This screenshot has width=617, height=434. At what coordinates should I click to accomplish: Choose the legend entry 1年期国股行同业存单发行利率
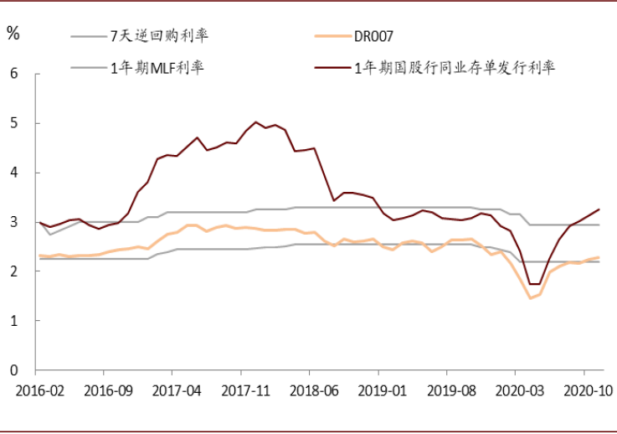[x=452, y=68]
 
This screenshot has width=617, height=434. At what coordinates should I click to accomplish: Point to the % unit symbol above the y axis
[x=13, y=34]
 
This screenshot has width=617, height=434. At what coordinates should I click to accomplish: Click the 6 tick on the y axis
[x=13, y=74]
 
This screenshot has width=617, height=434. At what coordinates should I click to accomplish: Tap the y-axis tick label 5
[x=13, y=123]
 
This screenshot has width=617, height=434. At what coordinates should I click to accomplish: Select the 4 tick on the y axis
[x=13, y=173]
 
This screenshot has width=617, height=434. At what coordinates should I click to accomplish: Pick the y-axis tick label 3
[x=13, y=222]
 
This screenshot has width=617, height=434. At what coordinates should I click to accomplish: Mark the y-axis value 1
[x=13, y=321]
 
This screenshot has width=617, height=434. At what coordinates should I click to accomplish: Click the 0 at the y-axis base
[x=13, y=370]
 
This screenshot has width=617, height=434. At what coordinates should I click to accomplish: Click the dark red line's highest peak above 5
[x=256, y=122]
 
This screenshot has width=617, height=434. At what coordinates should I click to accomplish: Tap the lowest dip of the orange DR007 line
[x=530, y=298]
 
